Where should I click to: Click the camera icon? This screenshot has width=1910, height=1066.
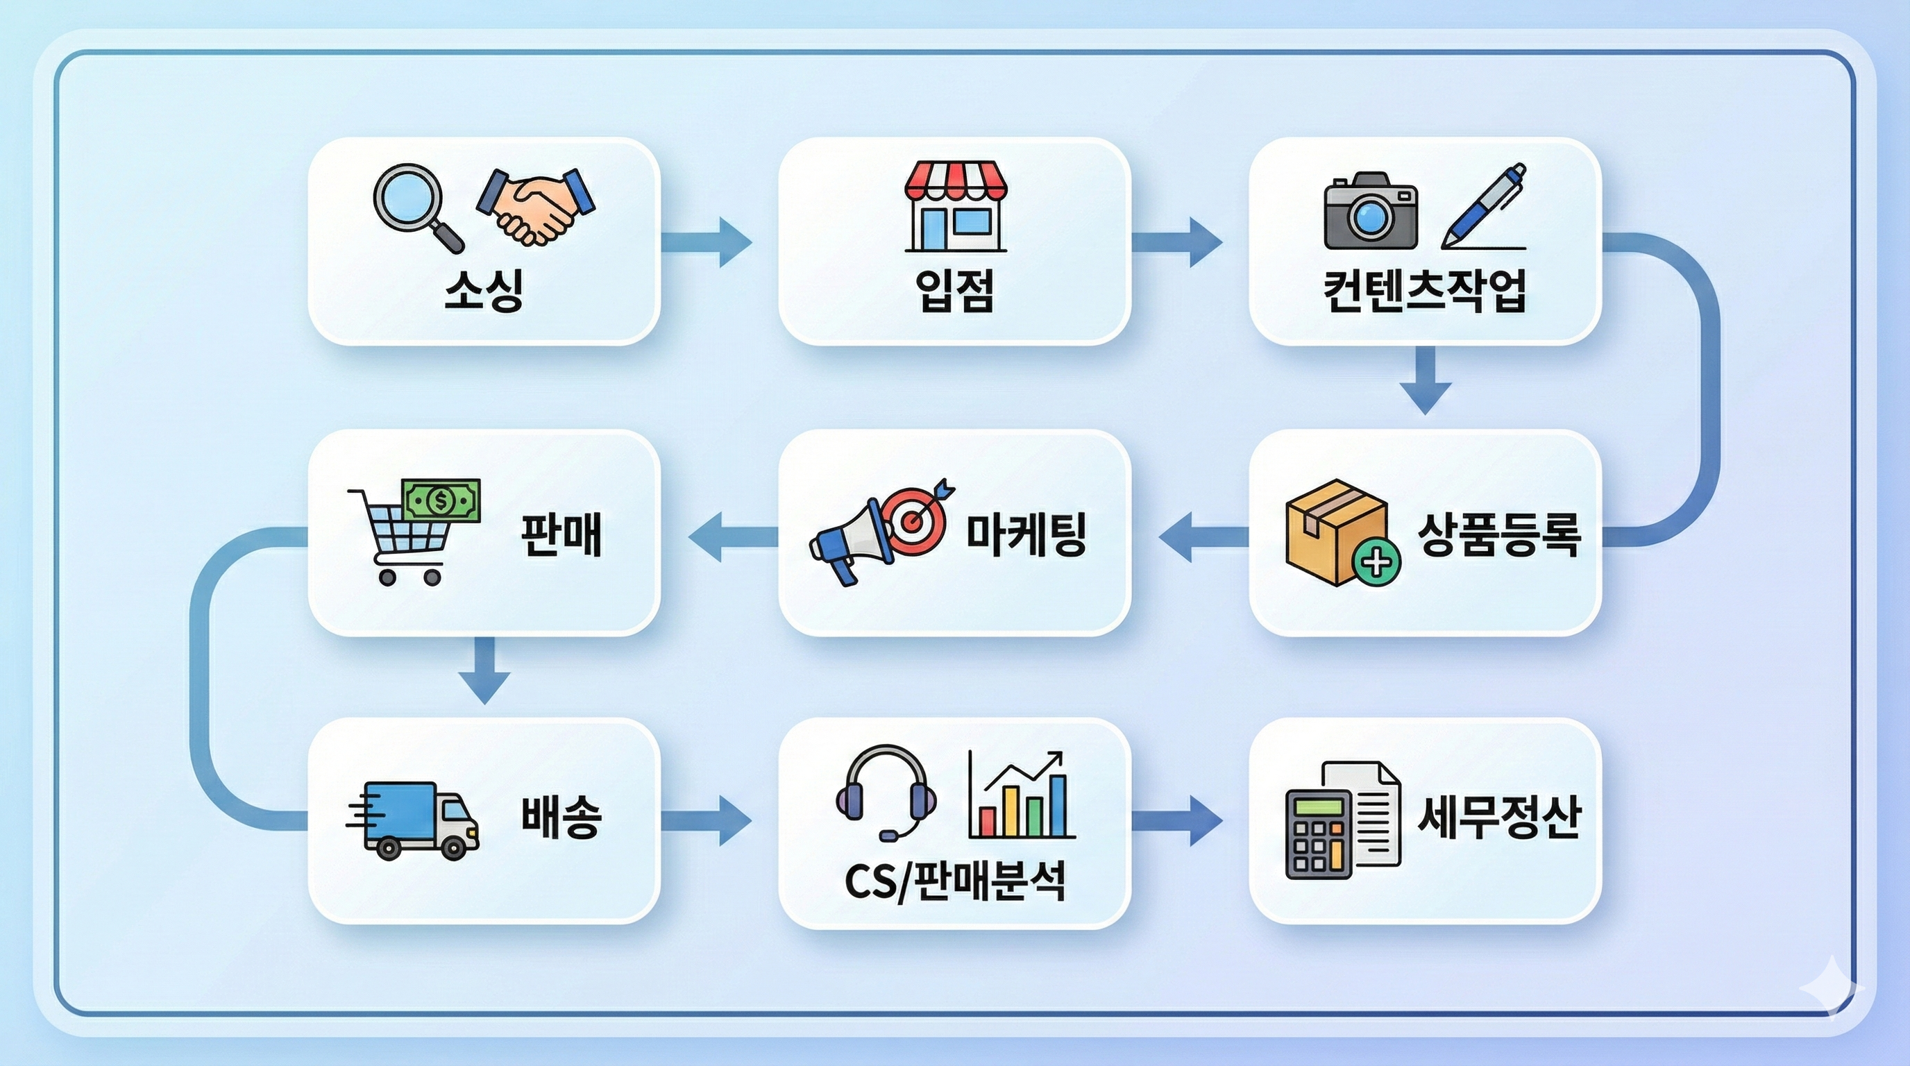click(x=1370, y=210)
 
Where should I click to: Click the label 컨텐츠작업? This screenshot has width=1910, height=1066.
click(x=1425, y=291)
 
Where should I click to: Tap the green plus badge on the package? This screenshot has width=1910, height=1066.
click(x=1377, y=563)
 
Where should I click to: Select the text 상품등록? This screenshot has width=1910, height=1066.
click(x=1499, y=534)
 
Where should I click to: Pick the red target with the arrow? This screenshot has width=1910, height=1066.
click(x=918, y=519)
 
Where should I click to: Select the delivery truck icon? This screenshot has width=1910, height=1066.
click(x=414, y=820)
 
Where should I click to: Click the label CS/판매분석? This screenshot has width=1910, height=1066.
click(x=955, y=882)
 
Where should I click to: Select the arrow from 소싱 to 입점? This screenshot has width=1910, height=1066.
click(x=706, y=242)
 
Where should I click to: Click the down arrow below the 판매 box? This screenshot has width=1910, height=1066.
click(x=484, y=670)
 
